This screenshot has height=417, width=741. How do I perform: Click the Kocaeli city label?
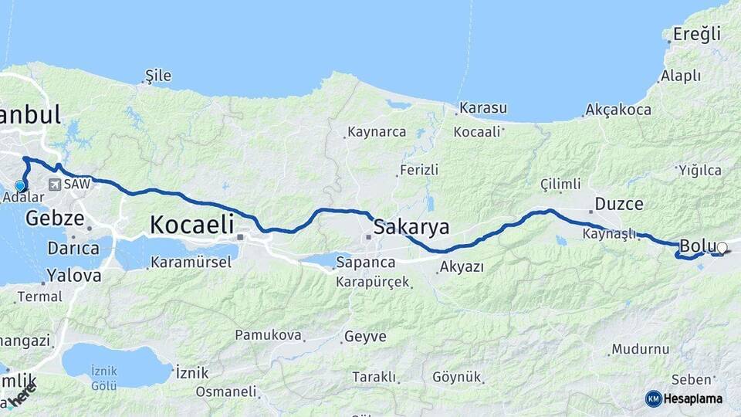point(191,225)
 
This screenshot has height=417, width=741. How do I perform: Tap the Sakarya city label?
point(411,227)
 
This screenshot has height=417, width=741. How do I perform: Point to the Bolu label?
point(698,246)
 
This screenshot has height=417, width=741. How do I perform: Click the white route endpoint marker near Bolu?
point(722,248)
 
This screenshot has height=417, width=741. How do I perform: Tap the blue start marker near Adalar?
point(21,185)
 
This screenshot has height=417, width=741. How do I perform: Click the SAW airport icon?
point(55,185)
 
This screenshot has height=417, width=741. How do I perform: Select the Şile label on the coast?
point(157,76)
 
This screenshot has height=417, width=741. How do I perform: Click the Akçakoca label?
point(618,110)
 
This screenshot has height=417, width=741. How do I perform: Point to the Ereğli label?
point(696,34)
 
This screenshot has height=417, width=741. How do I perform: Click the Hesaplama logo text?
point(694,398)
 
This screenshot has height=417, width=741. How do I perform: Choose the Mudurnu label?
point(641,349)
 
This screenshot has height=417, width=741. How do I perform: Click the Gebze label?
point(54,219)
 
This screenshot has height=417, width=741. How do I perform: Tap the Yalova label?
point(73,275)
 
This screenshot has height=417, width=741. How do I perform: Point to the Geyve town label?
point(364,337)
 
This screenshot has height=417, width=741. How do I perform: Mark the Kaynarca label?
point(377,132)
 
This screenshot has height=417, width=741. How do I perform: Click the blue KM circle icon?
point(654,398)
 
